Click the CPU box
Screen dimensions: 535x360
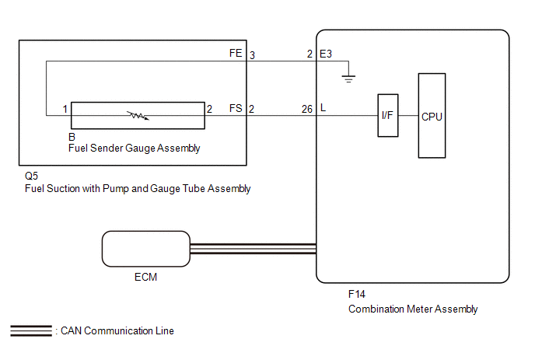click(x=432, y=116)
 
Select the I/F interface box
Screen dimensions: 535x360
click(x=387, y=115)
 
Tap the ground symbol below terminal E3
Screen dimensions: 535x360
click(x=348, y=79)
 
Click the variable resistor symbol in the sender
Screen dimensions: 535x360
click(x=138, y=116)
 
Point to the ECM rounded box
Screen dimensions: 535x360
click(x=146, y=249)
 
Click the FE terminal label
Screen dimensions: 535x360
click(x=236, y=53)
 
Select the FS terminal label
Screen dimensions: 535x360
click(x=236, y=109)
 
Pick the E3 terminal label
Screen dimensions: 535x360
click(x=326, y=54)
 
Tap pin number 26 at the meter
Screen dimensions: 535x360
click(x=306, y=109)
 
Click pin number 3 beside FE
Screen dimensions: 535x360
click(x=252, y=55)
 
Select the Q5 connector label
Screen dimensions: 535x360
click(x=31, y=176)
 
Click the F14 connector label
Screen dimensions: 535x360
click(x=357, y=294)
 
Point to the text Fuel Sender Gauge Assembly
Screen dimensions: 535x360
click(x=134, y=149)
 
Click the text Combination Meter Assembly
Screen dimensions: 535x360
click(x=413, y=309)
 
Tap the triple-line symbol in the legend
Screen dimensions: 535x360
click(x=31, y=330)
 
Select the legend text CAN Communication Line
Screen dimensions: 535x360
click(x=117, y=330)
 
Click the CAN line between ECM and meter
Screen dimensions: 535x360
click(x=254, y=249)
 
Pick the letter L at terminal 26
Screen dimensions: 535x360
click(x=323, y=108)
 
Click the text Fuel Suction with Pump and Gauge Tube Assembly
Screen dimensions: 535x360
click(x=138, y=189)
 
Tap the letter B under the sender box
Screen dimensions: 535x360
click(x=72, y=137)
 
